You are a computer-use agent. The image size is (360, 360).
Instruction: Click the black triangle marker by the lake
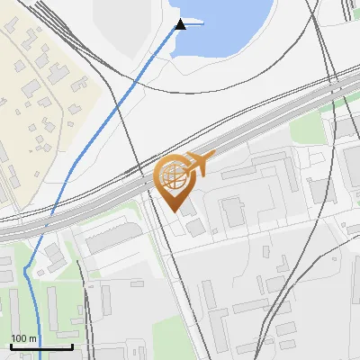point(180,24)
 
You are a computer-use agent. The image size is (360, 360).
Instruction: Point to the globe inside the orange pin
point(172,176)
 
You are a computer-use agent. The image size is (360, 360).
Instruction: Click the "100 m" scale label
point(23,338)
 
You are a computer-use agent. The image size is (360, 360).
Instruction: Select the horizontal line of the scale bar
point(41,346)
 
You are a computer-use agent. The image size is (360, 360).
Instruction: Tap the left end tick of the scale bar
point(11,345)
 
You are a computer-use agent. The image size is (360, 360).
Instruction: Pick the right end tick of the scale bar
point(72,345)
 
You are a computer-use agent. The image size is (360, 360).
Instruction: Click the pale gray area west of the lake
point(135,36)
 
